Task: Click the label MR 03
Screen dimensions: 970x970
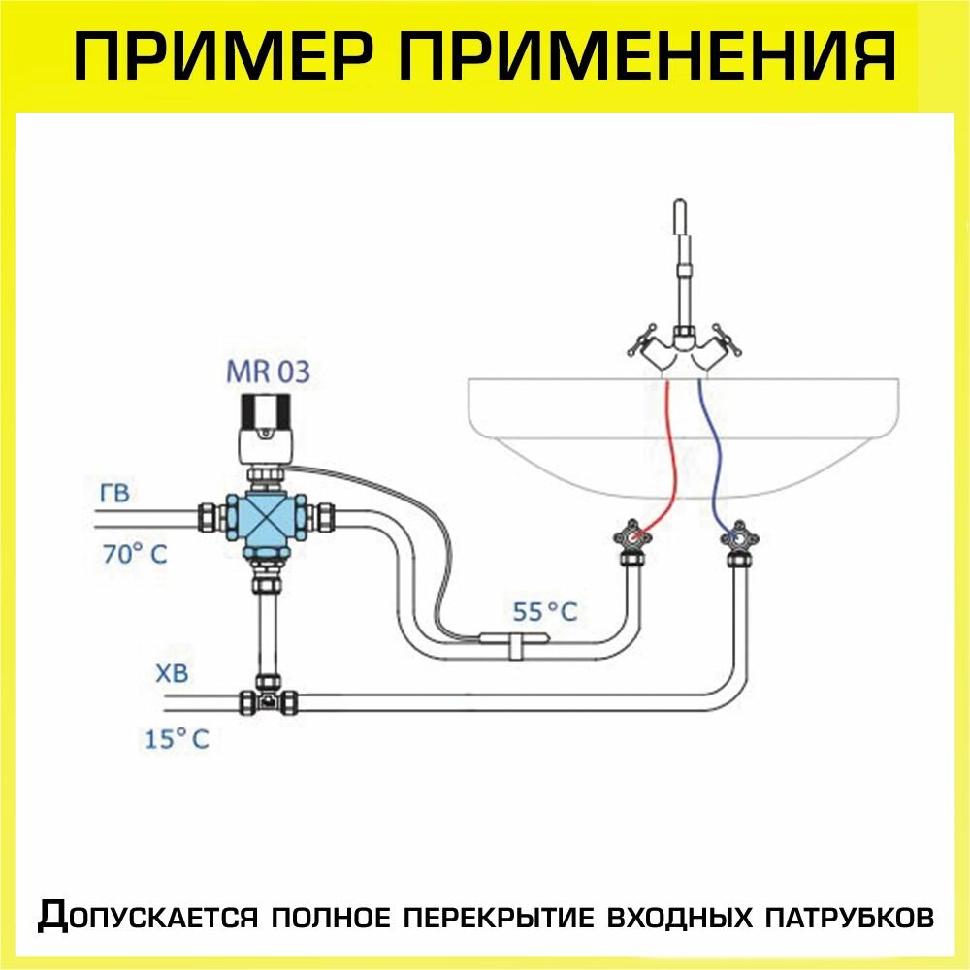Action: coord(268,372)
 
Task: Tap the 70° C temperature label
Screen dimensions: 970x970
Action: coord(135,555)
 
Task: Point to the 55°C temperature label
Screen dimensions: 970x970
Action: coord(545,611)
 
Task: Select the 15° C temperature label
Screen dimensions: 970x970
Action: coord(177,739)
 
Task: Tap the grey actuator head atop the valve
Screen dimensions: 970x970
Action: coord(265,427)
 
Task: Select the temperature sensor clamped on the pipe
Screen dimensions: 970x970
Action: coord(515,639)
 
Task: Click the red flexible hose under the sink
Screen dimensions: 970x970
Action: coord(669,456)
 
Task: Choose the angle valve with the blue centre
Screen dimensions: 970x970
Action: coord(739,536)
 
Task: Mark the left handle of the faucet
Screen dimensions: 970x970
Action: coord(641,345)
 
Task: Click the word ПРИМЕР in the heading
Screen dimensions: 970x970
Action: coord(228,56)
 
